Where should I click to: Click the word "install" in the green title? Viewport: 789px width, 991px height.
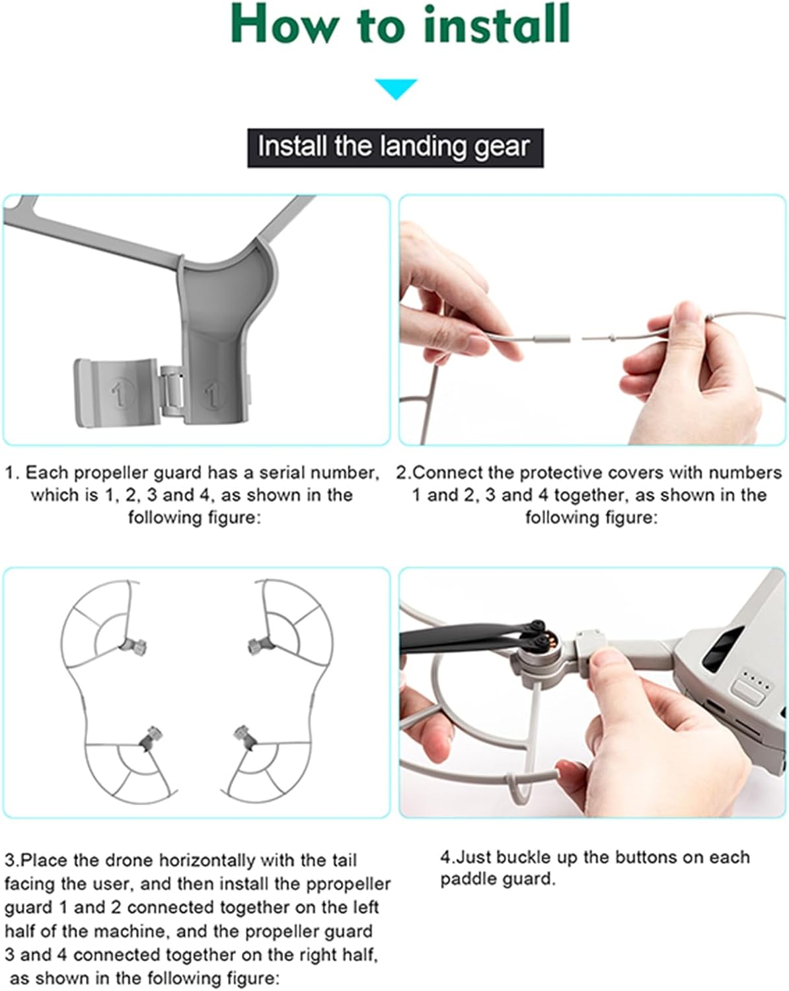497,24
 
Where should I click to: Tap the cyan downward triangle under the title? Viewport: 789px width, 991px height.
396,89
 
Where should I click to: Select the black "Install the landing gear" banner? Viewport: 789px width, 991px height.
395,148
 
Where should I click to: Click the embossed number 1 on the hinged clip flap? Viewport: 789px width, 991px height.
120,394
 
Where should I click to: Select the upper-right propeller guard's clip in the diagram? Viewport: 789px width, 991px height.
261,645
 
